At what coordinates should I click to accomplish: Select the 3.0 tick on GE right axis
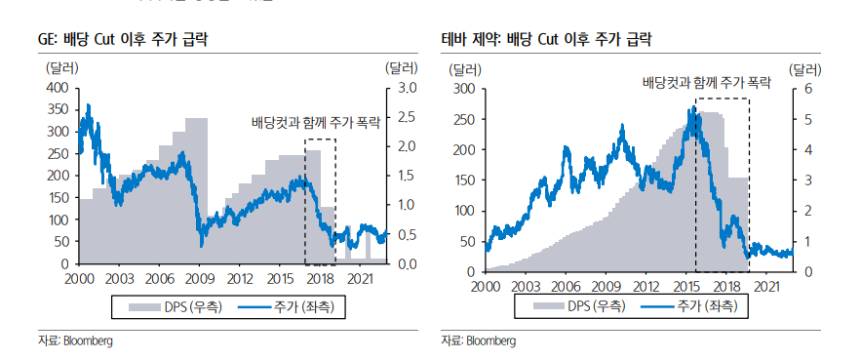click(x=406, y=88)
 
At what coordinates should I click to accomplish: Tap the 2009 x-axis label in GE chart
click(x=199, y=279)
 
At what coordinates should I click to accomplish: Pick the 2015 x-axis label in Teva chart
click(x=686, y=287)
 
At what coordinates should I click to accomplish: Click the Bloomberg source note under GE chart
click(x=74, y=340)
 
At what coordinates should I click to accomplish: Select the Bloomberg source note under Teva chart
click(x=477, y=340)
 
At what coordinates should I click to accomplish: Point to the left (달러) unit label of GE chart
click(x=62, y=68)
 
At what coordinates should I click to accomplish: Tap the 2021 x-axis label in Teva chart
click(x=766, y=287)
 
